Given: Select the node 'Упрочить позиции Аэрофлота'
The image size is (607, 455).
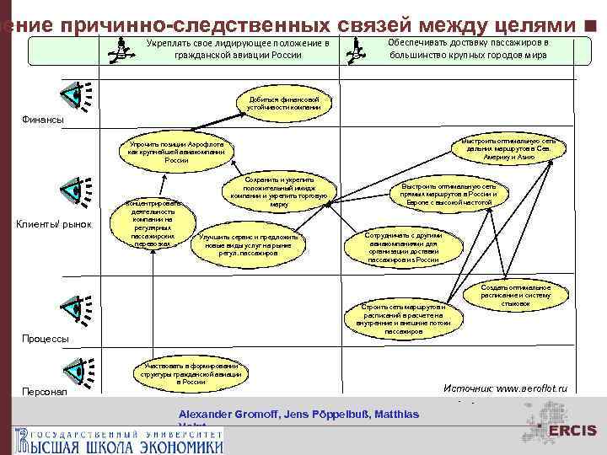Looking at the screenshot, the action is (x=176, y=152).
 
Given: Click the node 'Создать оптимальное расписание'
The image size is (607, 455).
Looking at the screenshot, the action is (x=516, y=295).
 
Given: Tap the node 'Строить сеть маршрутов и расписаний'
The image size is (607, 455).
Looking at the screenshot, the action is (x=403, y=318).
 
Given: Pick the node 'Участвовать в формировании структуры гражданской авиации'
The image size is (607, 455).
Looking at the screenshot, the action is (x=185, y=373).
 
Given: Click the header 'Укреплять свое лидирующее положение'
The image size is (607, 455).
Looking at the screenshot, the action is (x=237, y=49).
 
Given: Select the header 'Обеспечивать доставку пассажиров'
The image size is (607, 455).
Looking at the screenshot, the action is (x=469, y=48).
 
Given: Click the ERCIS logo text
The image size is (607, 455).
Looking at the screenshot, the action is (x=572, y=431).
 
